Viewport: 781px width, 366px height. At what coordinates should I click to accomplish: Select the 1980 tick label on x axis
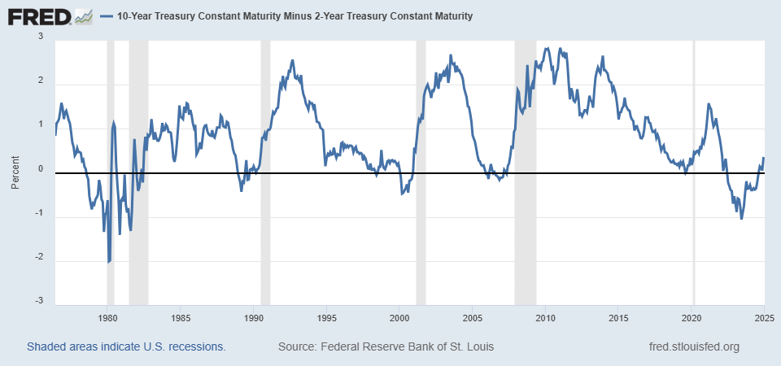click(x=107, y=318)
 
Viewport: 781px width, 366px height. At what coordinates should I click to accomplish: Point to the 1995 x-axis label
click(x=326, y=318)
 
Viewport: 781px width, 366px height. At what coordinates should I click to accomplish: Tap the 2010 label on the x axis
click(x=545, y=318)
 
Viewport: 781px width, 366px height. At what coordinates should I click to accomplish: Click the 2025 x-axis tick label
click(x=765, y=318)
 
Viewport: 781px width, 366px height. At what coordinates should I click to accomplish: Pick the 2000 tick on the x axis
click(x=399, y=318)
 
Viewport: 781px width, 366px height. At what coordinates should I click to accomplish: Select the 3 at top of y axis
click(x=41, y=37)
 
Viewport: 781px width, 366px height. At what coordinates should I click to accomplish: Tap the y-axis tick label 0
click(x=41, y=169)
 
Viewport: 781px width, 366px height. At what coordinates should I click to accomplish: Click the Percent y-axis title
click(x=15, y=172)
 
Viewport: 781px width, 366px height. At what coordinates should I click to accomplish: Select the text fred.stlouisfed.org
click(x=694, y=346)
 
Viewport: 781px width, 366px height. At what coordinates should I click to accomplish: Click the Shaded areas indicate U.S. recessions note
click(x=127, y=346)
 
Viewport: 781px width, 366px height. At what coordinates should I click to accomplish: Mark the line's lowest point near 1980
click(x=108, y=263)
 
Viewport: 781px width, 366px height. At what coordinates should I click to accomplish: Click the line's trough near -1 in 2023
click(x=742, y=219)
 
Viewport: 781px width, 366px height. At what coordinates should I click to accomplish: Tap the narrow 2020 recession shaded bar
click(x=693, y=172)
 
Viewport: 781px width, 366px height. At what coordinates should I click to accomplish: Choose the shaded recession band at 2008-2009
click(x=526, y=172)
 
